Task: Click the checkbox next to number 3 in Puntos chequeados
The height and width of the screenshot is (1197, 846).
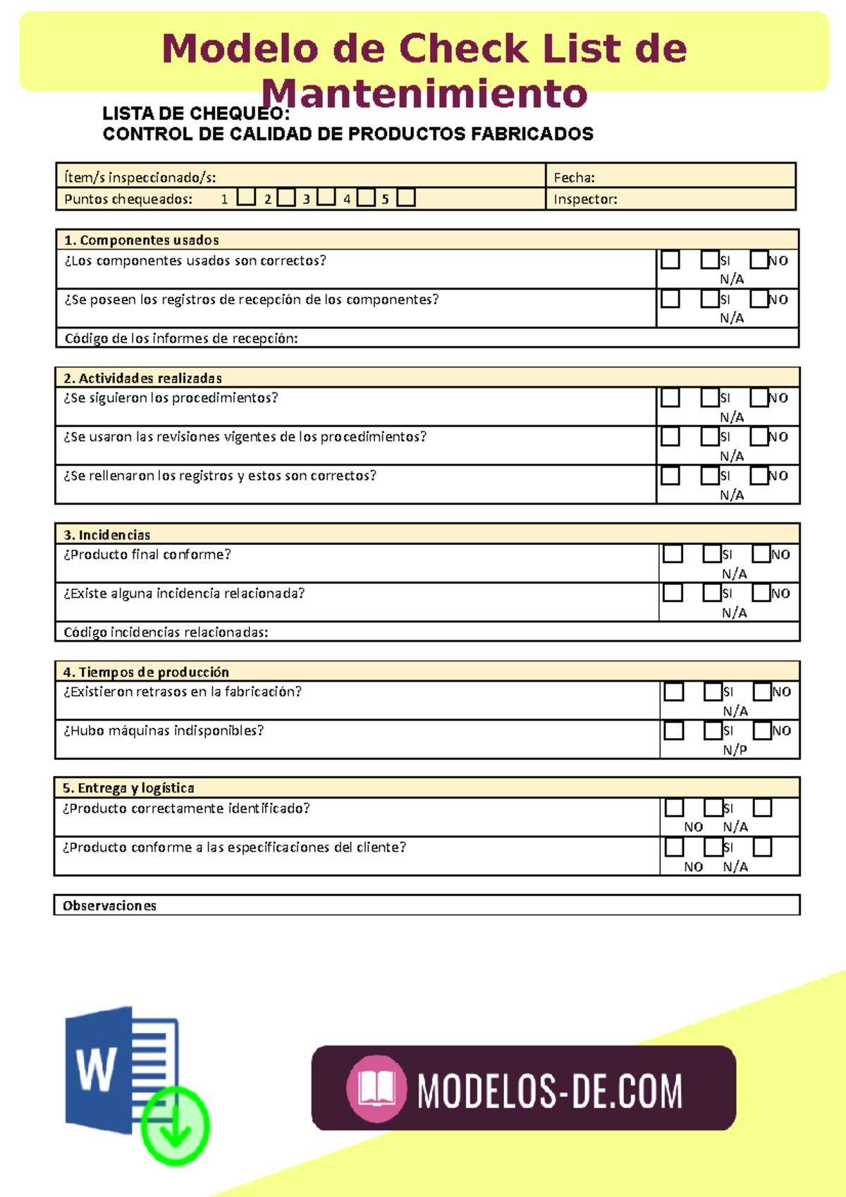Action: [326, 197]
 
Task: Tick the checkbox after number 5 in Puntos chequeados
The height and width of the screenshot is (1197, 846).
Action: [405, 197]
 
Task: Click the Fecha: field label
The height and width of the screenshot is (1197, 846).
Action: [574, 178]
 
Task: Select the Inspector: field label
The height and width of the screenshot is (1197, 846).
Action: [585, 199]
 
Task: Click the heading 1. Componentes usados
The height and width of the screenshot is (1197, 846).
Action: [141, 240]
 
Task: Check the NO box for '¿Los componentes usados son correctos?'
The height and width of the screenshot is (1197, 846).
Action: [759, 259]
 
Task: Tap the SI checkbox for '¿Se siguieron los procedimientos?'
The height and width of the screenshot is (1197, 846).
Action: [709, 398]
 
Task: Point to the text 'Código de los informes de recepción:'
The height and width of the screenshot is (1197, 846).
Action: [181, 338]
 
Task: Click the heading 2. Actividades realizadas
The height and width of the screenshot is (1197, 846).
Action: [142, 378]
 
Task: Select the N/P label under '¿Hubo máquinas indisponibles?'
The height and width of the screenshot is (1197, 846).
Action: [735, 750]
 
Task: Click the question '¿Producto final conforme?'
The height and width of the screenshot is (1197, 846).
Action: [147, 555]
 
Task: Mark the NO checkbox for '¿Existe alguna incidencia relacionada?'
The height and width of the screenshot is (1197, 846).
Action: [761, 593]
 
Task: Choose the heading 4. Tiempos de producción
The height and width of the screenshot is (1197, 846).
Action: [146, 672]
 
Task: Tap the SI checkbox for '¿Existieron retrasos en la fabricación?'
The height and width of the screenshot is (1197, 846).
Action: [712, 692]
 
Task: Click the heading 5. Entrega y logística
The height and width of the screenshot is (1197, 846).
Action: [128, 788]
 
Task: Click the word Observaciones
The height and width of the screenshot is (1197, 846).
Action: [109, 906]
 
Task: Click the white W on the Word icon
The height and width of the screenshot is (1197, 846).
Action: [96, 1069]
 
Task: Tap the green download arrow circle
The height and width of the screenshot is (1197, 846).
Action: [175, 1125]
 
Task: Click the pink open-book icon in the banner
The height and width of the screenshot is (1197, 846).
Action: [376, 1088]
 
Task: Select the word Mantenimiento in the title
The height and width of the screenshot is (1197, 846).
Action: [424, 94]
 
